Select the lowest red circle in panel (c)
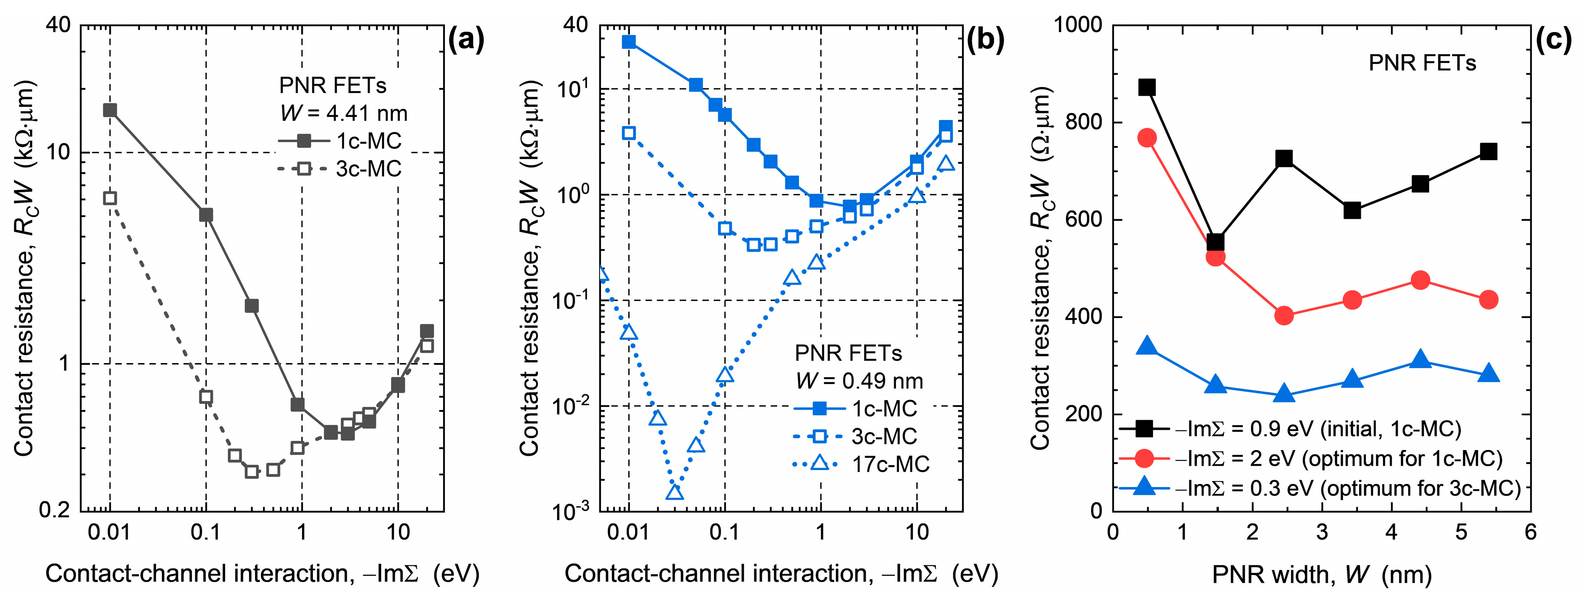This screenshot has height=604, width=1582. [1284, 316]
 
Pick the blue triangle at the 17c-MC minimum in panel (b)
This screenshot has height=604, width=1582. [675, 493]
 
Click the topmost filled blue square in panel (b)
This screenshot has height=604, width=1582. [629, 42]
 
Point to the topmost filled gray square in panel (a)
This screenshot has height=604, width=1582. [110, 110]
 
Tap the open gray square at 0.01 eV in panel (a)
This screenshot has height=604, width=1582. [110, 198]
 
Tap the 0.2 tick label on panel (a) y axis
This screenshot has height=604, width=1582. [55, 510]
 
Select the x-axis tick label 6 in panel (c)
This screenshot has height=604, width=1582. [1530, 532]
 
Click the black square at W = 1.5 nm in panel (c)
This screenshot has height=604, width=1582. [1215, 242]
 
